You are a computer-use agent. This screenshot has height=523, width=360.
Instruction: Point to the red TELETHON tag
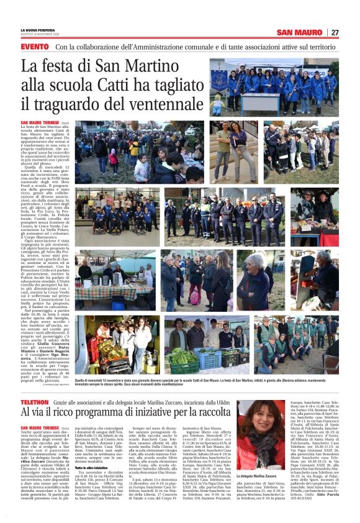(x=37, y=404)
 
